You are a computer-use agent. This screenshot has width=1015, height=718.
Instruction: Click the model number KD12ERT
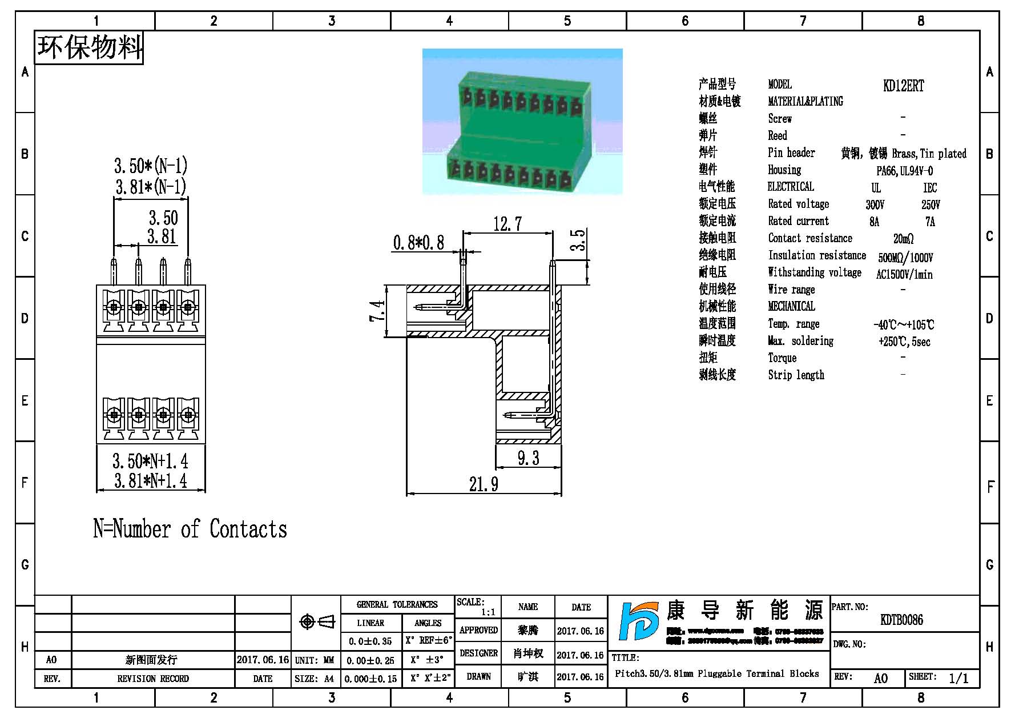903,86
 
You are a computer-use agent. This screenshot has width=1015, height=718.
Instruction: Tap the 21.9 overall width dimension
484,484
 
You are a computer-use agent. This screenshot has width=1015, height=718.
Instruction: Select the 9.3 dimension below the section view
528,458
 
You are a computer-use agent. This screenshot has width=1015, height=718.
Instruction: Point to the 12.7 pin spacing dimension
507,223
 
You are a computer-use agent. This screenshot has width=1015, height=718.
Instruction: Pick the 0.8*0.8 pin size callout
418,243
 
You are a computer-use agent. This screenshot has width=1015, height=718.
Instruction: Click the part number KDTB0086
901,620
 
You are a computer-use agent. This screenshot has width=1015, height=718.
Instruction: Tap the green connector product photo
522,121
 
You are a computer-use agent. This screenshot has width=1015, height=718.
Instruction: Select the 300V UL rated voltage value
875,204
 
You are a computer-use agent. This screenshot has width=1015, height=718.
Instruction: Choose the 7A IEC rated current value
930,222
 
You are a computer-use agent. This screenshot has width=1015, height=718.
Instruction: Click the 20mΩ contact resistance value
903,239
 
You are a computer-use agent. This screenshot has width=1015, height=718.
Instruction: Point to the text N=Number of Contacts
190,529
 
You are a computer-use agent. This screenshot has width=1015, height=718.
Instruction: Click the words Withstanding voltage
815,272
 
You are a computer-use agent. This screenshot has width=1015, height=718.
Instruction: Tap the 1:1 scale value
488,612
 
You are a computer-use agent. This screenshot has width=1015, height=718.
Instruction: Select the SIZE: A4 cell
315,679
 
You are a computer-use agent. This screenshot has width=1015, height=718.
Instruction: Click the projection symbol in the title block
317,621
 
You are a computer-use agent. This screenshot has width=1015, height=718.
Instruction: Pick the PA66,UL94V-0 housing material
905,171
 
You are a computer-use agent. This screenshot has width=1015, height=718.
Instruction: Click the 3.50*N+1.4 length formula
150,461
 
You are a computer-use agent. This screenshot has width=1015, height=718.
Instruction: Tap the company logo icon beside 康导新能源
638,621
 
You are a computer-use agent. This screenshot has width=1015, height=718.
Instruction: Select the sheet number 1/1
958,678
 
